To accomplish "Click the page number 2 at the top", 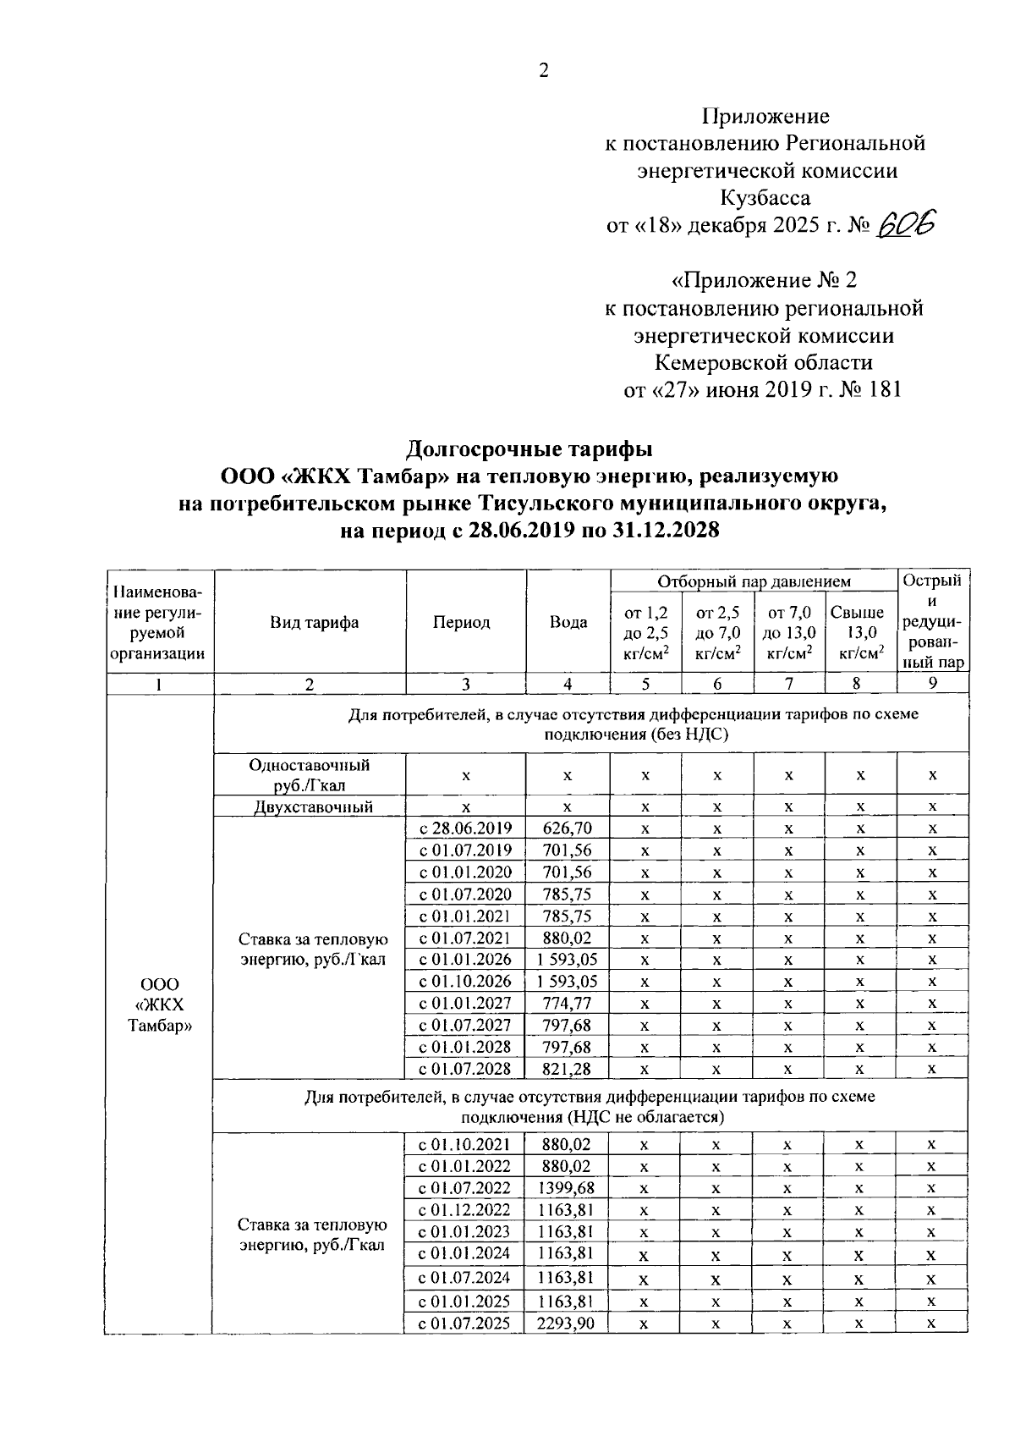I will [x=544, y=71].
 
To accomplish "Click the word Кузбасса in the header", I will [x=765, y=198].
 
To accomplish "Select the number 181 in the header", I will [x=881, y=389].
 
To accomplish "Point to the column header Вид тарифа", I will [x=314, y=623].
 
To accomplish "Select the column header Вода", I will [x=568, y=623].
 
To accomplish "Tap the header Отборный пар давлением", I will [x=754, y=581].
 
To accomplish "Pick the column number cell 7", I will [x=788, y=685].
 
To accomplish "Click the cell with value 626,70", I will [x=568, y=828].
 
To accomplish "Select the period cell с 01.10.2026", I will [x=466, y=982].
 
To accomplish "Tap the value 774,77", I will [x=568, y=1004].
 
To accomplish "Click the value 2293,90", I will [x=568, y=1323].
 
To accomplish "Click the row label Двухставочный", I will [x=314, y=807].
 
